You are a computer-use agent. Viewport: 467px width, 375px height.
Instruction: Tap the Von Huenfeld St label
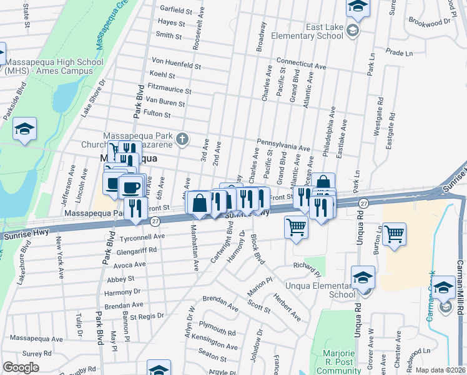point(177,65)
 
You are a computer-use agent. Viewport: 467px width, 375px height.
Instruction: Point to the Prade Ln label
point(400,53)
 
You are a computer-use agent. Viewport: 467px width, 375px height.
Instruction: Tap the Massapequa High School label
point(47,66)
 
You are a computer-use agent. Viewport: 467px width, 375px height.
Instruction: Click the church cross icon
point(182,138)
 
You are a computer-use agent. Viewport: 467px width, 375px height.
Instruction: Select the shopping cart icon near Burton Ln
point(394,236)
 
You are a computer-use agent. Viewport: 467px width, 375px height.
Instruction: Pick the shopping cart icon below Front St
point(296,228)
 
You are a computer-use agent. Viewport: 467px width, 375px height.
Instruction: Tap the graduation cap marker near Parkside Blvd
point(25,129)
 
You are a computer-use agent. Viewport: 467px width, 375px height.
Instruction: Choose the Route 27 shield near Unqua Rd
point(363,204)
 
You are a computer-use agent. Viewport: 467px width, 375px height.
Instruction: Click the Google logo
point(21,367)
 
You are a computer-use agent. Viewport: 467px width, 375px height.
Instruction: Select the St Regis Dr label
point(146,316)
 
